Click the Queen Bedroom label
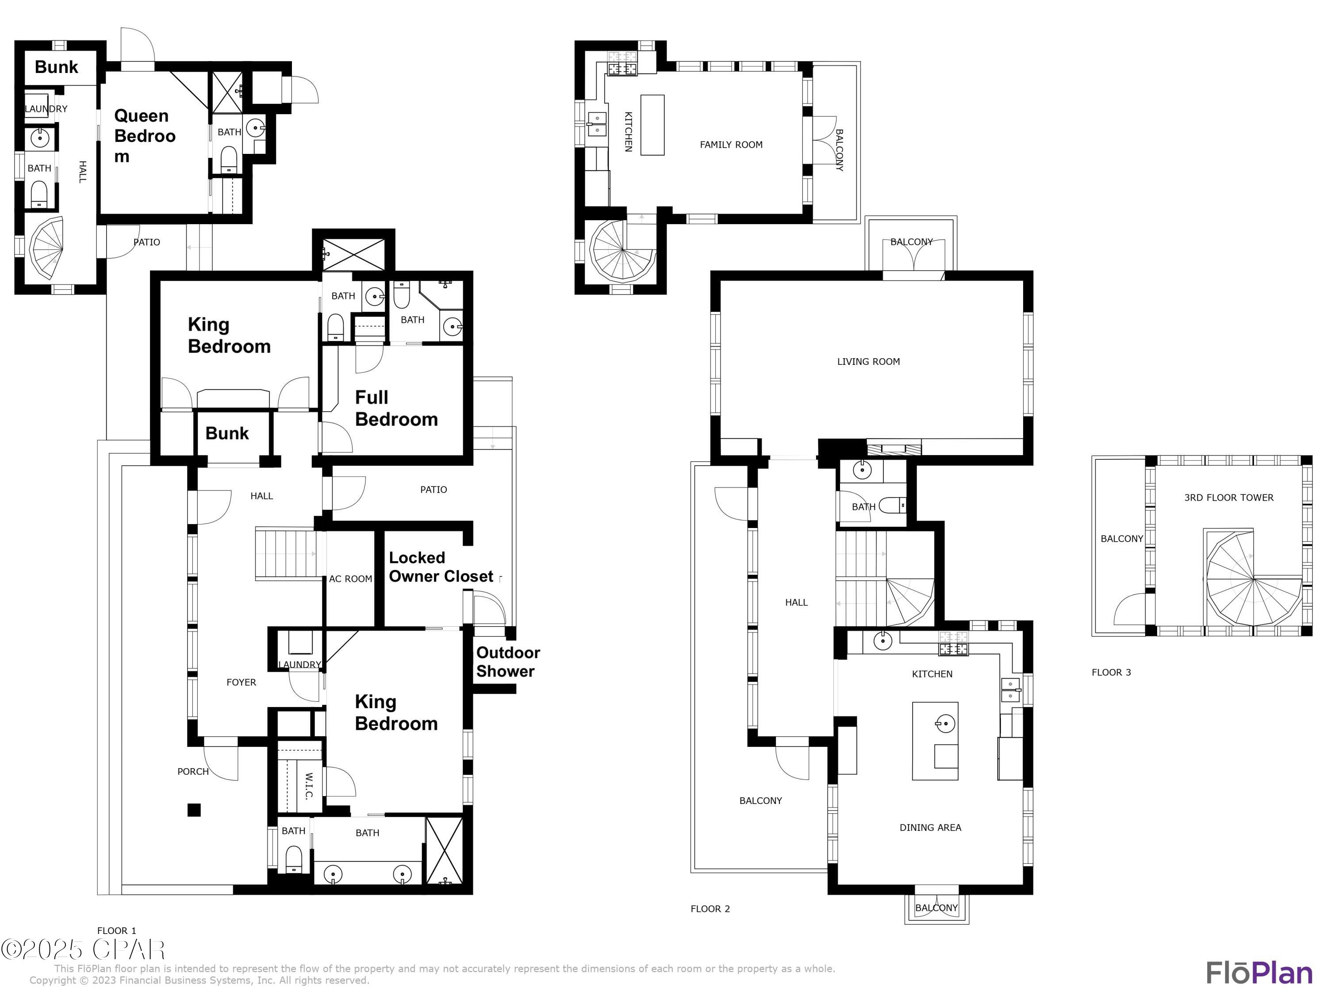pos(145,136)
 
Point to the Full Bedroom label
pos(396,409)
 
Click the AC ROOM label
pos(350,579)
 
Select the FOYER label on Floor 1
pos(241,682)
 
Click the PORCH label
pos(192,771)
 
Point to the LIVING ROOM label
pos(868,362)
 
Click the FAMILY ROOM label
pos(731,145)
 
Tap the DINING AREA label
pos(930,828)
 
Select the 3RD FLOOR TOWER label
pos(1228,497)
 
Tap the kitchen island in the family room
pos(652,125)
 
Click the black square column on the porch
pos(194,810)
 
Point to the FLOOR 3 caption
pos(1111,672)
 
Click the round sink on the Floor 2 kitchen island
pos(945,724)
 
